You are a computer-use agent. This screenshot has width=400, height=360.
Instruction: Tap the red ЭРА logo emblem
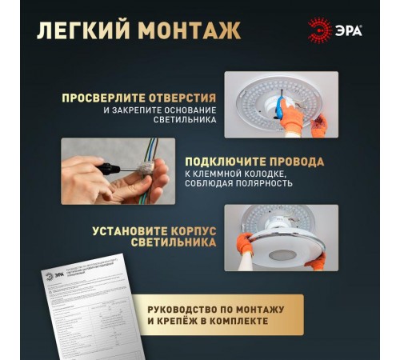[319, 30]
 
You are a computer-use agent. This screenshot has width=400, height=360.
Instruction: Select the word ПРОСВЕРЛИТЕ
[102, 98]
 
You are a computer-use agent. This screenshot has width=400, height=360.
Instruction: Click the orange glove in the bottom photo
[245, 244]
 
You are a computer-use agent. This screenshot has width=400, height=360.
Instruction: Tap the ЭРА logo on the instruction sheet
[50, 275]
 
